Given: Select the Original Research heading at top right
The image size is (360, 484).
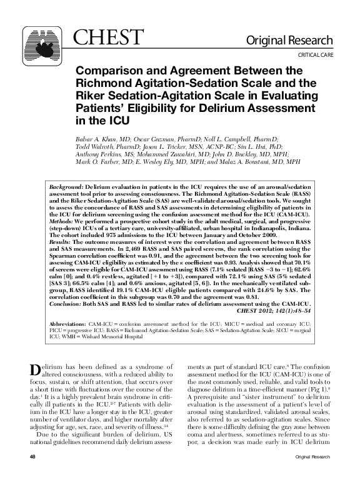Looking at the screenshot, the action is click(297, 41).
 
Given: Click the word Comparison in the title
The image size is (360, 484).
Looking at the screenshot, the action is click(108, 71).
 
